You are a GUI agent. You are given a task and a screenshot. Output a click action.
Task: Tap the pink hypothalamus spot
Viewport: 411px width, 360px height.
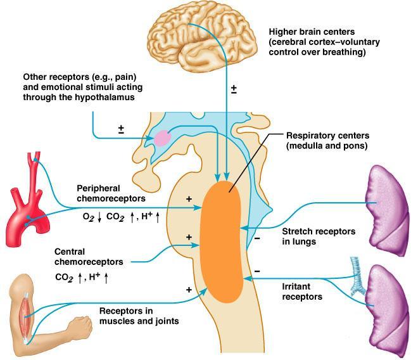pyautogui.click(x=163, y=138)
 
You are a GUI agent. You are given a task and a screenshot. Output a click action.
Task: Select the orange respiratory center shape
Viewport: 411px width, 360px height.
pyautogui.click(x=222, y=241)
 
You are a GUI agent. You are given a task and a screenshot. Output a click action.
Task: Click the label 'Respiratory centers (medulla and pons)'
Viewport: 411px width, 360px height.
pyautogui.click(x=327, y=141)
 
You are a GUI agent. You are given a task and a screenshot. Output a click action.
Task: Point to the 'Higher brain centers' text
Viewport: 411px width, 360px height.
pyautogui.click(x=312, y=32)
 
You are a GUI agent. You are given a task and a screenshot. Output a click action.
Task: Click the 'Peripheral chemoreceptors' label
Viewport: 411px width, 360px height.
pyautogui.click(x=111, y=193)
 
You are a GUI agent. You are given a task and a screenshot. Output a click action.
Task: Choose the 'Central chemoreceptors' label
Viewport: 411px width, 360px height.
pyautogui.click(x=89, y=257)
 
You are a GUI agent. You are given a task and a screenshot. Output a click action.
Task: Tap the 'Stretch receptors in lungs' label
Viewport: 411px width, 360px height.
pyautogui.click(x=319, y=236)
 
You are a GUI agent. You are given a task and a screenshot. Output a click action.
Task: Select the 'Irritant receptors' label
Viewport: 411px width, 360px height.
pyautogui.click(x=302, y=292)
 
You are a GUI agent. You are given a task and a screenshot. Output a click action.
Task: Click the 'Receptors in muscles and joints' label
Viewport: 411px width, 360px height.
pyautogui.click(x=139, y=316)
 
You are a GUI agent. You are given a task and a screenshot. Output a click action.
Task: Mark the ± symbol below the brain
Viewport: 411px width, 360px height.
pyautogui.click(x=234, y=89)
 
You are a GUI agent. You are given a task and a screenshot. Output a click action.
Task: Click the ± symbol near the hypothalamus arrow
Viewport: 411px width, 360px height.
pyautogui.click(x=121, y=129)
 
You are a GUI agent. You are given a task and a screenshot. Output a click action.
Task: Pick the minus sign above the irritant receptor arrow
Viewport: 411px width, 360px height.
pyautogui.click(x=257, y=271)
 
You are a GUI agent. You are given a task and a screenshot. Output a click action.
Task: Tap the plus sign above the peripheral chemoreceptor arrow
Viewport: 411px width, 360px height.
pyautogui.click(x=189, y=199)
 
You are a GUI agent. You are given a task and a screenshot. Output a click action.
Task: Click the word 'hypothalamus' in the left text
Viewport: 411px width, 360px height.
pyautogui.click(x=105, y=98)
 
